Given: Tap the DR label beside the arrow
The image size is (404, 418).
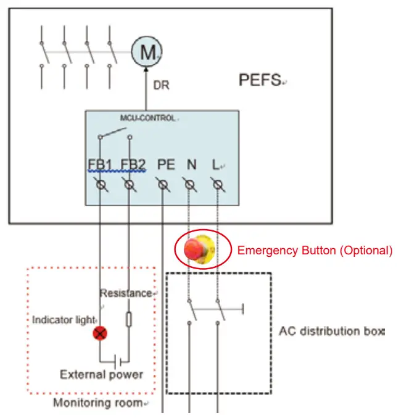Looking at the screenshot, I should coord(161,86).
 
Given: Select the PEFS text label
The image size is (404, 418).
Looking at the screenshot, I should coord(259,80).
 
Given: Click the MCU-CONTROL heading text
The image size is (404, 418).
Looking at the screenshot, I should coord(147,117).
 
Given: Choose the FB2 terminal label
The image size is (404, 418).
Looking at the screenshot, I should coord(132,165).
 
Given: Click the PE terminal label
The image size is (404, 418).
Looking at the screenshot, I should coord(165,165).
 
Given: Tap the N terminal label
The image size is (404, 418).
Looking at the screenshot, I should coord(191,165).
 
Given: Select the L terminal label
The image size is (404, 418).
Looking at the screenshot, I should coord(216,165).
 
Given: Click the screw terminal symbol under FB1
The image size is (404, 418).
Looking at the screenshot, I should coord(101,184).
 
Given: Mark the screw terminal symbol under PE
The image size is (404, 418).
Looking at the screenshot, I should coord(163,184).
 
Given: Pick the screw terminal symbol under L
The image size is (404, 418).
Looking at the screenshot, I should coord(217,184).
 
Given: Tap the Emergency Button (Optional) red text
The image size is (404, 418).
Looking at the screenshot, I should coord(315,251).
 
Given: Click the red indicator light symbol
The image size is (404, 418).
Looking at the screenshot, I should coord(100,334).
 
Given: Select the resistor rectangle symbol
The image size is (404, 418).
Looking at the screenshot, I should coord(128,319).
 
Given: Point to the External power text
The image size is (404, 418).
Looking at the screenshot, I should coord(101,374).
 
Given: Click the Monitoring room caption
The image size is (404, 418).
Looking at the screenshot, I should coord(99,403).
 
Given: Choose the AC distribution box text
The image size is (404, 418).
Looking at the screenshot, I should coord(331,330).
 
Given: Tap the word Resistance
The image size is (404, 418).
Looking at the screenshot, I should coord(125,293).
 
